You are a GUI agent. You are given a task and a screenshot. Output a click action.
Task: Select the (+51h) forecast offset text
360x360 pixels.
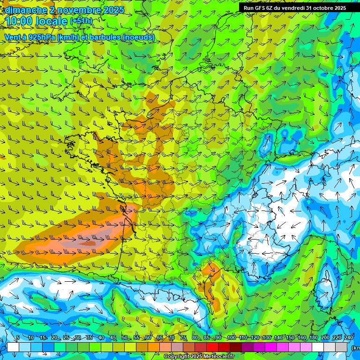tap(81, 21)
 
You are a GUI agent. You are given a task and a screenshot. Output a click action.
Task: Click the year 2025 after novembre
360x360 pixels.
tap(113, 10)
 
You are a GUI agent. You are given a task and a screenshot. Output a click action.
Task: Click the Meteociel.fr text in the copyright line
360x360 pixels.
tap(218, 357)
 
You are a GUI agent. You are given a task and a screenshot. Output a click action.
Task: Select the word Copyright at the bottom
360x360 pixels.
tap(178, 357)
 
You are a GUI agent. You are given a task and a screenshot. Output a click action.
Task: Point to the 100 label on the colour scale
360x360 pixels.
tap(231, 338)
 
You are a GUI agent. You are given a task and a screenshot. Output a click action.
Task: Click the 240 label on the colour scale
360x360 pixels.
tap(349, 338)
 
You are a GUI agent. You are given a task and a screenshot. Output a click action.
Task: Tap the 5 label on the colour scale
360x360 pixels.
tap(18, 338)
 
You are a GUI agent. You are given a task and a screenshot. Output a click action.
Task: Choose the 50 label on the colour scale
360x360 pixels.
tap(125, 338)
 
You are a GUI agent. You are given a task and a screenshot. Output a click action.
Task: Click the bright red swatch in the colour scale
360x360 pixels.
tap(212, 347)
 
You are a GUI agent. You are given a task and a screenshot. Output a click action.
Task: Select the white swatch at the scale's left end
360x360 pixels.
tap(13, 347)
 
